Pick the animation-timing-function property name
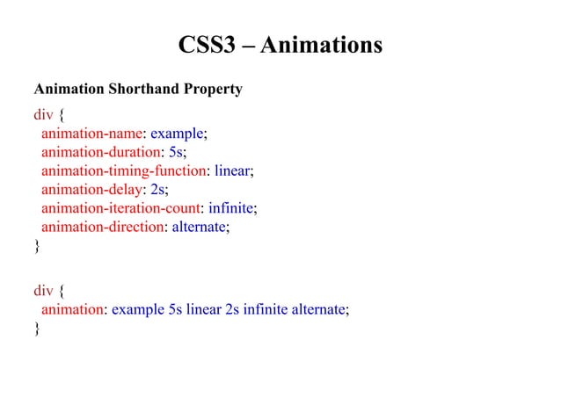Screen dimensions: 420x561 click(x=123, y=170)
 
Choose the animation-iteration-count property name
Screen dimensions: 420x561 click(x=121, y=207)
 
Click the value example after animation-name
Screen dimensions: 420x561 click(x=177, y=134)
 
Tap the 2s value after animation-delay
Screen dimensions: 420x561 click(x=157, y=189)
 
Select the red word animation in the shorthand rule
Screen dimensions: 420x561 click(x=72, y=309)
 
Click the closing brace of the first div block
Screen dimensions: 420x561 click(x=36, y=246)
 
